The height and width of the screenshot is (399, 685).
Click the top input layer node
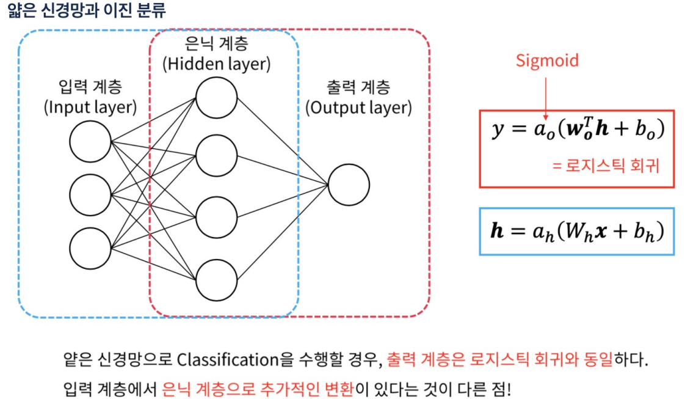[90, 142]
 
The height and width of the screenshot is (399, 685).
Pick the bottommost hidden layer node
[216, 280]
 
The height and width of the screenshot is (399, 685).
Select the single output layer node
[349, 185]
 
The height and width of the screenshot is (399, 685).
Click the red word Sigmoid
[547, 60]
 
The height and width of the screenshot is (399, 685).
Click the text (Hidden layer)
[216, 64]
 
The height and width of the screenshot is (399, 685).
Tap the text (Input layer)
[90, 108]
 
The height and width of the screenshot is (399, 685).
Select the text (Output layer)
[358, 108]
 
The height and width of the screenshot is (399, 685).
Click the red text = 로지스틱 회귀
[606, 166]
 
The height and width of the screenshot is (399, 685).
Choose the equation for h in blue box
[576, 232]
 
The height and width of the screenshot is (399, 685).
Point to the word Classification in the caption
[228, 359]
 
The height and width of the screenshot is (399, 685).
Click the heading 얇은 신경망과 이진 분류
[87, 11]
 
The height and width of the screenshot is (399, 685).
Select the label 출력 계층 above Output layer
[358, 87]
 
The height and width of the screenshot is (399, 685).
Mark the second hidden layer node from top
[216, 156]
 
